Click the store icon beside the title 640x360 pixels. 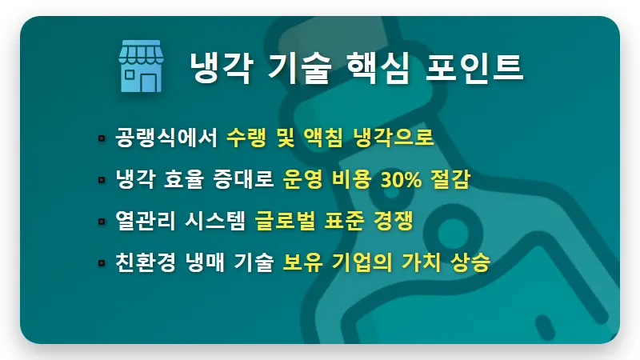[x=141, y=68]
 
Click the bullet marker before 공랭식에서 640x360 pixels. [x=102, y=138]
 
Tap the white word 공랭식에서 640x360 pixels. [x=166, y=138]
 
